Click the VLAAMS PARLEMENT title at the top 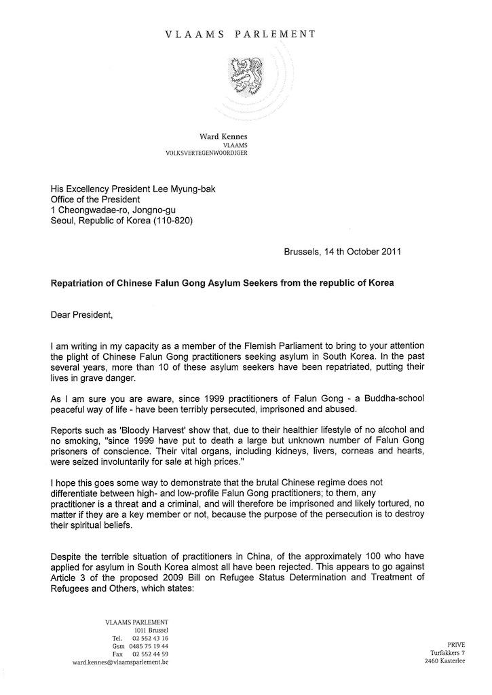246,33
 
